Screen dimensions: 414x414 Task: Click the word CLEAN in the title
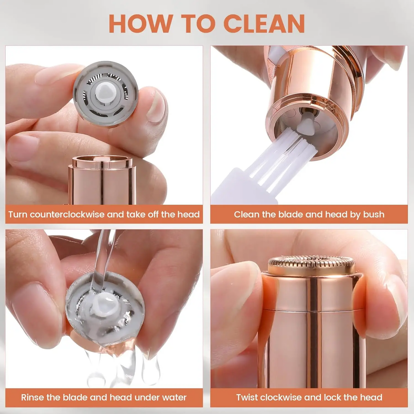[264, 24]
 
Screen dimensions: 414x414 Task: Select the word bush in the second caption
[374, 214]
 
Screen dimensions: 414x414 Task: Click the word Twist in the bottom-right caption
[247, 397]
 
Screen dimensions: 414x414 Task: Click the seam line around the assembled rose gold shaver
[312, 310]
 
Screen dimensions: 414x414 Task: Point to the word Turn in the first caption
[17, 214]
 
